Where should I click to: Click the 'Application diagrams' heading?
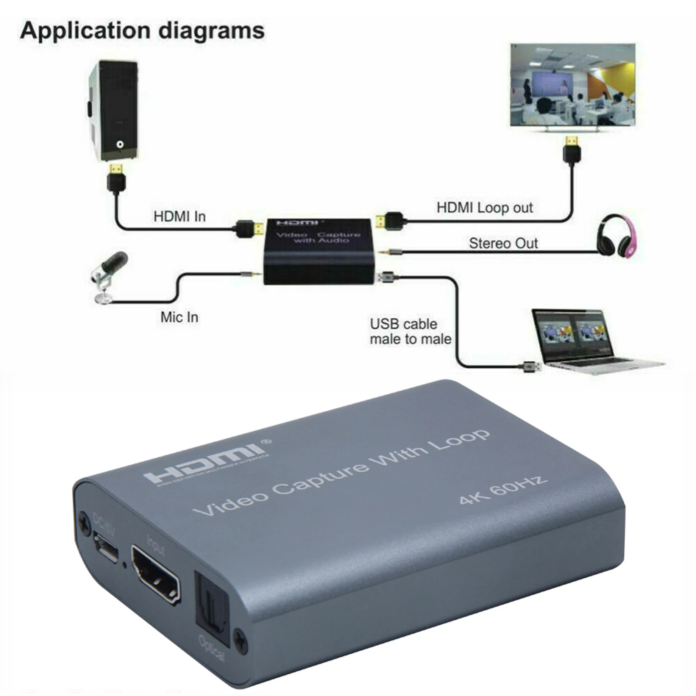pyautogui.click(x=142, y=30)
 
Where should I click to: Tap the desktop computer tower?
pyautogui.click(x=113, y=110)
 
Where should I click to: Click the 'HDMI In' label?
pyautogui.click(x=179, y=216)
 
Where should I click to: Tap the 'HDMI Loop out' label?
pyautogui.click(x=484, y=207)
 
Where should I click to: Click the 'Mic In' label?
pyautogui.click(x=179, y=317)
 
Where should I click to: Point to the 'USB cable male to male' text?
pyautogui.click(x=410, y=331)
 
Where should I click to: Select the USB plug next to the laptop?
pyautogui.click(x=531, y=366)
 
